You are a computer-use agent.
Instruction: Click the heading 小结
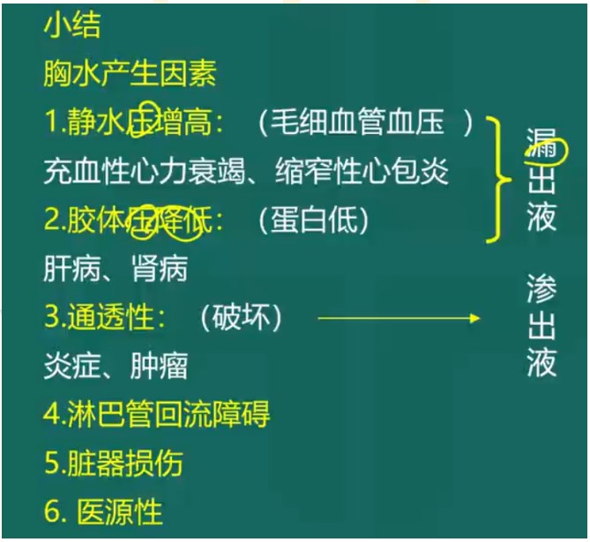(x=71, y=25)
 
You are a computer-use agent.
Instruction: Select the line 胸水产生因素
(x=129, y=73)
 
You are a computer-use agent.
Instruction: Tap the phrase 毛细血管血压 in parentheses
(x=363, y=123)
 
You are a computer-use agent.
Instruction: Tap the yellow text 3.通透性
(x=104, y=316)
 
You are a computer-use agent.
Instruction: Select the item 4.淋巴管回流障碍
(x=156, y=413)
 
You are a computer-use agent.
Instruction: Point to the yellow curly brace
(x=500, y=180)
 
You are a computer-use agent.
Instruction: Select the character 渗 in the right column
(x=541, y=288)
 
